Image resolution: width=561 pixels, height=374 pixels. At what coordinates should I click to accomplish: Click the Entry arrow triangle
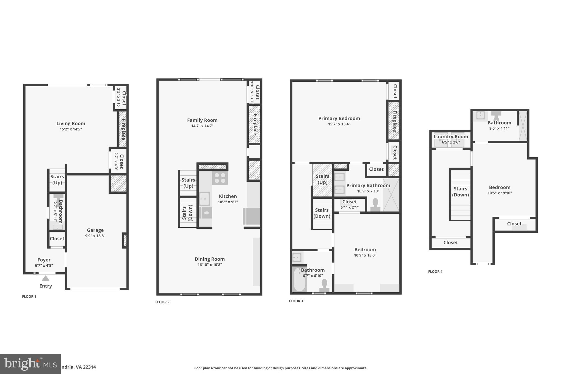[45, 278]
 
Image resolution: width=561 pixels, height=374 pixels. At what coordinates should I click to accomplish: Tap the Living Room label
[71, 124]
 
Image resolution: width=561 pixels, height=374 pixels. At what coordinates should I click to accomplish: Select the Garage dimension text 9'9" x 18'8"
[95, 236]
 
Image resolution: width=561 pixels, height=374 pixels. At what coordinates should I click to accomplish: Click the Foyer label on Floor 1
[44, 260]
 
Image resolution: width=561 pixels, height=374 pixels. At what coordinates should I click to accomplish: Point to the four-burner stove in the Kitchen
[220, 178]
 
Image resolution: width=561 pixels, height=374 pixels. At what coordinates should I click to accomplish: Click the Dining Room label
[210, 259]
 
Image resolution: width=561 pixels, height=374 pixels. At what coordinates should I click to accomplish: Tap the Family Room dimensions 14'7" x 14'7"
[202, 126]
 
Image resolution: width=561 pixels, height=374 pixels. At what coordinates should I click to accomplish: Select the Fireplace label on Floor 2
[255, 124]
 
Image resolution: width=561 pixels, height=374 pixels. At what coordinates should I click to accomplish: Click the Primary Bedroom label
[339, 118]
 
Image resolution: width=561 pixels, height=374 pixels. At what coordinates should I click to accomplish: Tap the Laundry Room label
[451, 136]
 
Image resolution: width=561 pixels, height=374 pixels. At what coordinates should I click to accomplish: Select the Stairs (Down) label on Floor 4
[460, 192]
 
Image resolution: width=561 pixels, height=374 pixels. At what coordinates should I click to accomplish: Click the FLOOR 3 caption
[296, 301]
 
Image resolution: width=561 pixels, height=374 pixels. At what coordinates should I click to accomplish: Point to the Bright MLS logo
[30, 364]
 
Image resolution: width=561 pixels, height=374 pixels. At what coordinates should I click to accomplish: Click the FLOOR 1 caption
[29, 296]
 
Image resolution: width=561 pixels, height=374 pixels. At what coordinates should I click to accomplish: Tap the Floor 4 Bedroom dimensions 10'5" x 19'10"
[500, 193]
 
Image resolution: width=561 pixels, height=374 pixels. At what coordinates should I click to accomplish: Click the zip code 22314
[90, 367]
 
